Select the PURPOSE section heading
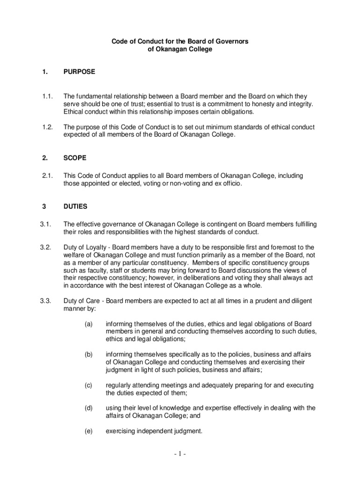(79, 72)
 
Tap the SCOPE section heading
(75, 158)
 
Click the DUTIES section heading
(75, 206)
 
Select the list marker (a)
(88, 324)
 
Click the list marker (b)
(88, 355)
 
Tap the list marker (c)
(88, 385)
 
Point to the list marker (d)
(88, 408)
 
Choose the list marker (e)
(88, 431)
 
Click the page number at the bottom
(180, 454)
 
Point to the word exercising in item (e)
(121, 431)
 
